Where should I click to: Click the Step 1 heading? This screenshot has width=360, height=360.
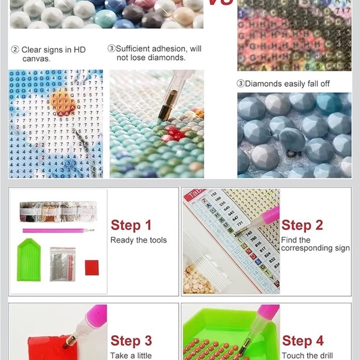click(131, 225)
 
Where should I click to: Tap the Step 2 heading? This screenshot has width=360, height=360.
click(302, 225)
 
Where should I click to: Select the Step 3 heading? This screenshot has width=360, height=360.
click(131, 340)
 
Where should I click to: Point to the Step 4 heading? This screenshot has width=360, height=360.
click(302, 340)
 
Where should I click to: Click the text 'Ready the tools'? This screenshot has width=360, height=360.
click(138, 240)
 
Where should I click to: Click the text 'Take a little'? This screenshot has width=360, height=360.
click(132, 356)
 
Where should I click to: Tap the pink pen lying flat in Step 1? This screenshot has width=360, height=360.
click(59, 230)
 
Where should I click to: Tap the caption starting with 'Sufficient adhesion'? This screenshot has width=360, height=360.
click(155, 53)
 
